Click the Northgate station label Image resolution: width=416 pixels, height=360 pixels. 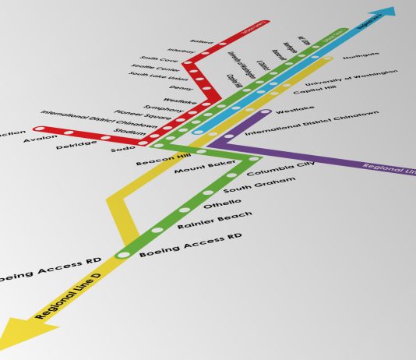pos(361,55)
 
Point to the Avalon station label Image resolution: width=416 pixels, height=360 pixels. pos(40,139)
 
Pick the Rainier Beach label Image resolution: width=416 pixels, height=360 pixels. pos(203,221)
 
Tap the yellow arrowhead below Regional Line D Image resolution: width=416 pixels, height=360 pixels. pos(24,334)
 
